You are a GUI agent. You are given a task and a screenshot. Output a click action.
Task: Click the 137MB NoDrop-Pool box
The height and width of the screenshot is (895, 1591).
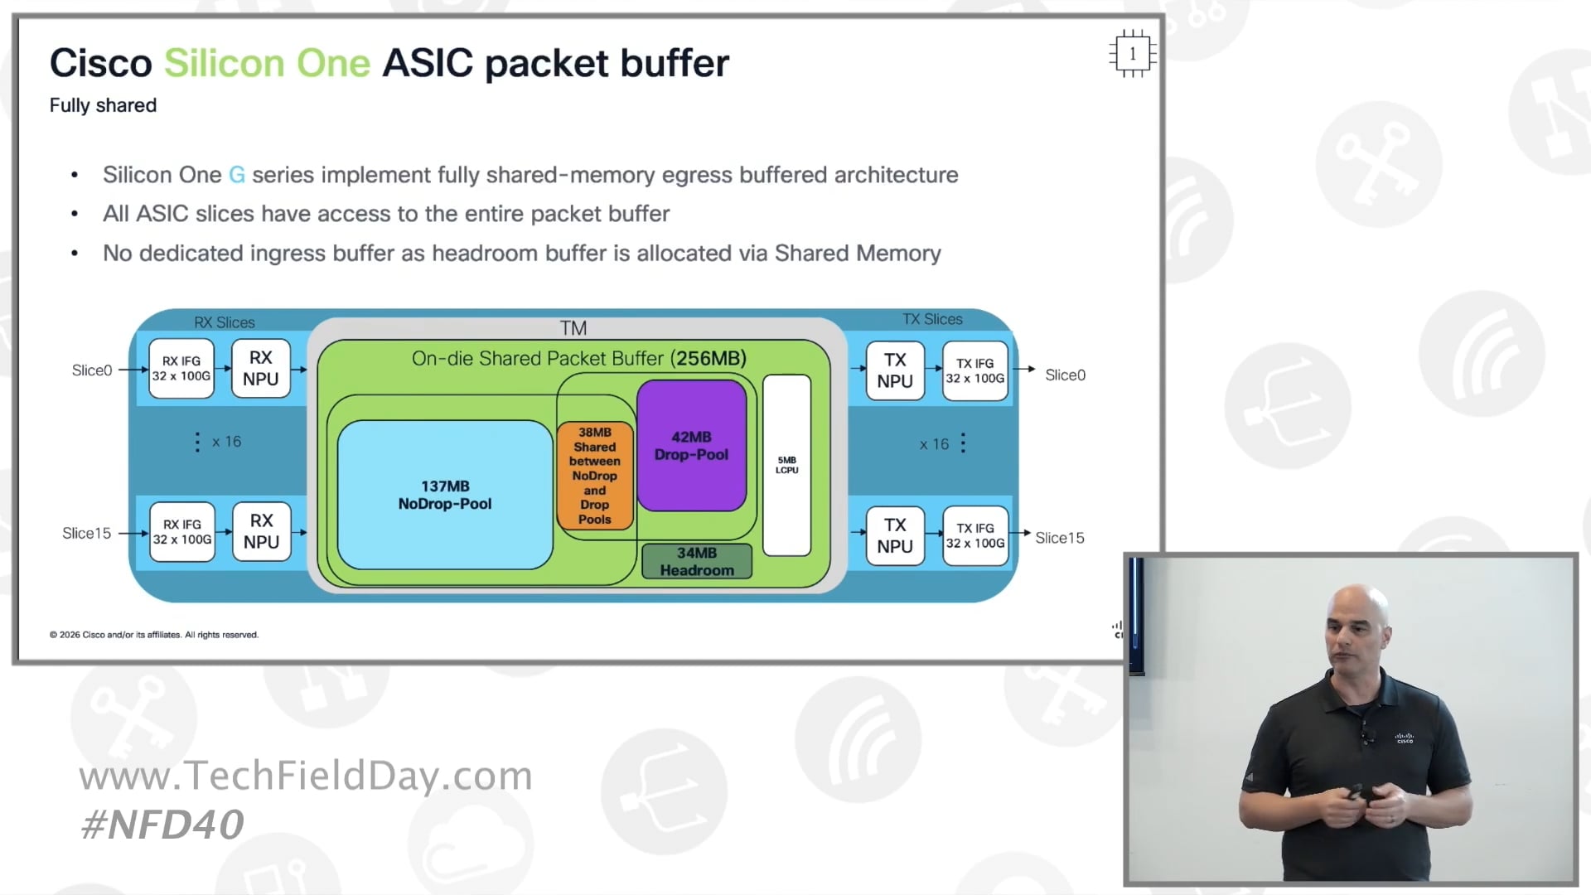[x=445, y=495]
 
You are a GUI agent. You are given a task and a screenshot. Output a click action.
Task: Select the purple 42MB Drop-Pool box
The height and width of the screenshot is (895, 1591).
[x=691, y=446]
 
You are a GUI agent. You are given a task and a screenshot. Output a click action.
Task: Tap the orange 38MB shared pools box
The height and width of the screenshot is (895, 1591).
[x=594, y=476]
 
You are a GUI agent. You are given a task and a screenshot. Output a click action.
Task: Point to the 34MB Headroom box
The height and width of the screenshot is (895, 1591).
[x=697, y=561]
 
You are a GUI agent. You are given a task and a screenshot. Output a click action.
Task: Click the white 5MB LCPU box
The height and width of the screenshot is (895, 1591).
[x=786, y=465]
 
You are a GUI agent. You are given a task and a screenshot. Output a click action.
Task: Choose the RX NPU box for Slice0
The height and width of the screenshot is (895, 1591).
[x=261, y=368]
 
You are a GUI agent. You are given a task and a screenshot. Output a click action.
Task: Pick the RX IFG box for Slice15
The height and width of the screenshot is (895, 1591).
[x=182, y=532]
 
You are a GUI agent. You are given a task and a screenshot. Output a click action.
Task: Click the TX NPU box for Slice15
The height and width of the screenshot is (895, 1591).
[x=895, y=535]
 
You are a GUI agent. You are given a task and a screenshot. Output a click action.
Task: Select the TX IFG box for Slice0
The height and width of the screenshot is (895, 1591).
[x=975, y=370]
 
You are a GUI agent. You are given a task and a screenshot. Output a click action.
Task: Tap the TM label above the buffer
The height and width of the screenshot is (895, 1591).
[x=573, y=328]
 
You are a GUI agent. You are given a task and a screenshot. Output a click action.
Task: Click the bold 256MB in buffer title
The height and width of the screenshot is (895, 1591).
[x=708, y=358]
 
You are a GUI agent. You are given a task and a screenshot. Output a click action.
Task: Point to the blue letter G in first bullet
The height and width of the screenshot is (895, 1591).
[x=237, y=175]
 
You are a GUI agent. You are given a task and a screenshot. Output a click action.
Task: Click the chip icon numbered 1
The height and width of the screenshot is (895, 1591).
[x=1132, y=54]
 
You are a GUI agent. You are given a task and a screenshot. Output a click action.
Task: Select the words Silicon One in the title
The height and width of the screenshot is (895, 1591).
[x=267, y=63]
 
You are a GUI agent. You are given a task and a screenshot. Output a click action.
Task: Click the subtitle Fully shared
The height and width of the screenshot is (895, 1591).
[x=103, y=105]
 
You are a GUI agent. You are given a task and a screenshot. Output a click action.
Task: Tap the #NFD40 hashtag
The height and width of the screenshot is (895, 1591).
[x=162, y=824]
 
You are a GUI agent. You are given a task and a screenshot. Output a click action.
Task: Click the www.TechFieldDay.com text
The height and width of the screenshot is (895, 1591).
[x=306, y=776]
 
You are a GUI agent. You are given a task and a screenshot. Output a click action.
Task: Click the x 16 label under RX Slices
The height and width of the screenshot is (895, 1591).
[x=225, y=442]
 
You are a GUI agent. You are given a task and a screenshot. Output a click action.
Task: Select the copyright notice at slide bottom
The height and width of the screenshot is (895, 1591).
[x=154, y=635]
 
